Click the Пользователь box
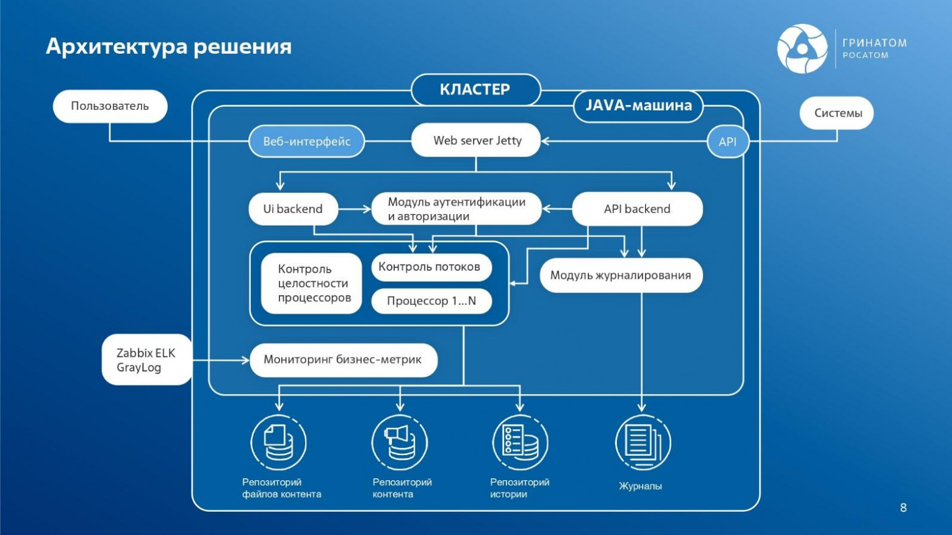(110, 106)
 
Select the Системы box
(837, 113)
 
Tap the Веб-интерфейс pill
(306, 142)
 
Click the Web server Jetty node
(476, 140)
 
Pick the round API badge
(727, 142)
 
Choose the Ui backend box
(293, 209)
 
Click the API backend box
(637, 209)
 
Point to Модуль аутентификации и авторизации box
(456, 209)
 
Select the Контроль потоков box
(431, 267)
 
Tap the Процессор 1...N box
(431, 301)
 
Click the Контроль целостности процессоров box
(312, 284)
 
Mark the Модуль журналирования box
(621, 275)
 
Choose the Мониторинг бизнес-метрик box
(343, 360)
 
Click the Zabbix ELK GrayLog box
(146, 360)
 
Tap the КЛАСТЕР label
(475, 90)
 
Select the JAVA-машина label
(638, 106)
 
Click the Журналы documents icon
(643, 442)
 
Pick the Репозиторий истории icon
(520, 442)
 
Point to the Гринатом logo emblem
(802, 49)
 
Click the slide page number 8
(903, 508)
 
